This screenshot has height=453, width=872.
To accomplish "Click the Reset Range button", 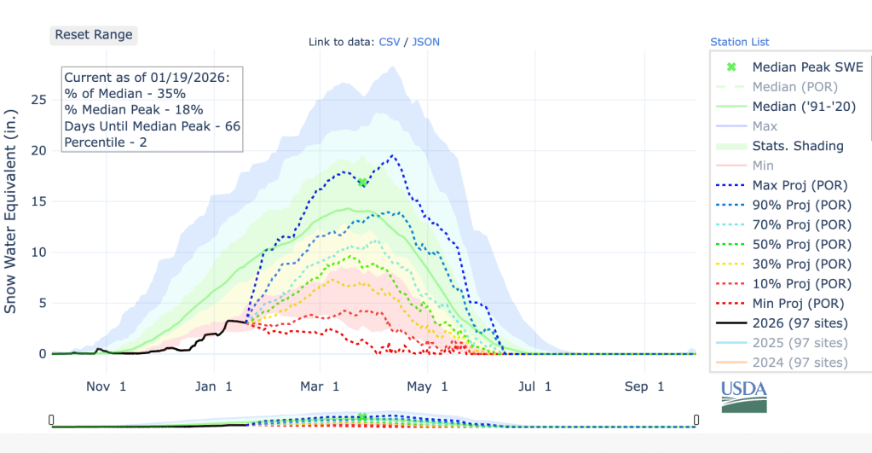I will [x=94, y=35].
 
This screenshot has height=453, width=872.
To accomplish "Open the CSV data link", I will [x=388, y=42].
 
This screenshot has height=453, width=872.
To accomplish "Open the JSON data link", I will [x=425, y=42].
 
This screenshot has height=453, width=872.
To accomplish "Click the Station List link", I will [x=739, y=42].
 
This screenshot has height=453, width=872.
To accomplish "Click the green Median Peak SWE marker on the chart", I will [x=362, y=182].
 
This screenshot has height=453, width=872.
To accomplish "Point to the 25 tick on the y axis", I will [x=38, y=100].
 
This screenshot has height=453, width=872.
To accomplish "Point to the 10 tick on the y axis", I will [x=38, y=253].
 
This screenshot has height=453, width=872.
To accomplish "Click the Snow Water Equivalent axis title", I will [x=11, y=211].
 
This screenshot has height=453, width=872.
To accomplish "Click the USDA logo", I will [x=743, y=396].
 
